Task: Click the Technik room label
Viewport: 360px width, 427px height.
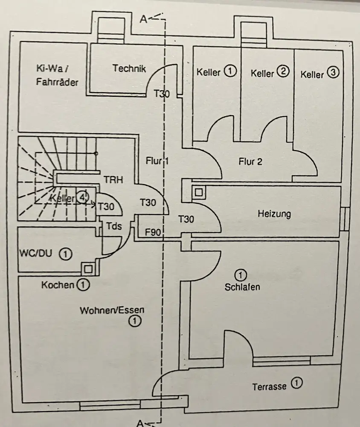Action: click(x=129, y=68)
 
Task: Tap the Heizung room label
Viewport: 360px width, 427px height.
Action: click(x=274, y=213)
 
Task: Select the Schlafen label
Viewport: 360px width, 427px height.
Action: click(x=242, y=287)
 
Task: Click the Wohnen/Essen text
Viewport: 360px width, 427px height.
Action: click(x=109, y=310)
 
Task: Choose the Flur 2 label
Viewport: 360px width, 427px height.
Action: click(x=250, y=161)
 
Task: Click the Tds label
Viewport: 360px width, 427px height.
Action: click(x=114, y=226)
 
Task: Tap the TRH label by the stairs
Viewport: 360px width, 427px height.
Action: click(x=113, y=180)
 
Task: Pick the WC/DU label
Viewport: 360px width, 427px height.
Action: click(x=35, y=253)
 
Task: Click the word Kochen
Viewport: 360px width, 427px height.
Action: click(x=58, y=284)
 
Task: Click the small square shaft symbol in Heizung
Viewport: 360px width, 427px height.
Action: click(x=198, y=193)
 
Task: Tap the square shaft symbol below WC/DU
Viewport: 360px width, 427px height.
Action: click(x=88, y=269)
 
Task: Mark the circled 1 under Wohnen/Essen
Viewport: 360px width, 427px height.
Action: click(x=134, y=322)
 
